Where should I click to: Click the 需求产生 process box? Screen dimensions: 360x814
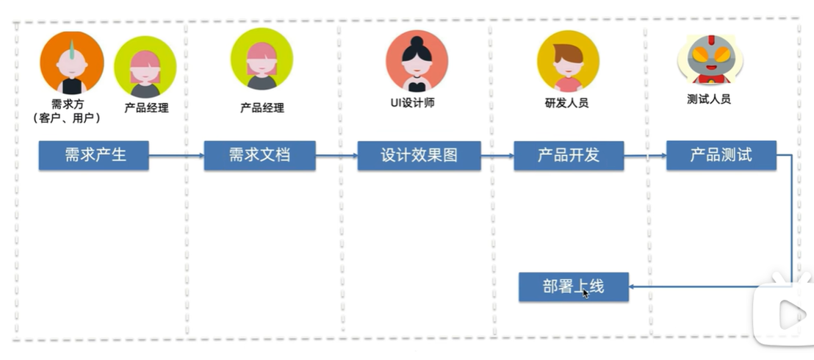tap(93, 156)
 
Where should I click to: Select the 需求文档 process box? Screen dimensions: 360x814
tap(259, 156)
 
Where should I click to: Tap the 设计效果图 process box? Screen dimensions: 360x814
tap(419, 156)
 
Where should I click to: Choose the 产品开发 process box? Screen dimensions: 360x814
tap(569, 156)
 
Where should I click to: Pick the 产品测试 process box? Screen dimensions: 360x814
tap(721, 155)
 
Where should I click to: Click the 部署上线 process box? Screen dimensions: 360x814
tap(574, 287)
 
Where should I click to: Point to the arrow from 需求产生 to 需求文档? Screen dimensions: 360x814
tap(176, 156)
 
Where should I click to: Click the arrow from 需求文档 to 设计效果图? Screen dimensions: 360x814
tap(336, 156)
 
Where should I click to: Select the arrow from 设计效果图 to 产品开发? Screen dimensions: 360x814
tap(497, 156)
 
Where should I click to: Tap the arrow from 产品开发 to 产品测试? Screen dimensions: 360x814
tap(645, 156)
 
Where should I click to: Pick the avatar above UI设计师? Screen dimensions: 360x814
tap(417, 62)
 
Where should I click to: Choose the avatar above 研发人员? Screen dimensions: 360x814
tap(567, 62)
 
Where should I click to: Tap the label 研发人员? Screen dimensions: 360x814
tap(566, 104)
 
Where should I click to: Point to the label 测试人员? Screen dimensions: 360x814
tap(708, 99)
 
